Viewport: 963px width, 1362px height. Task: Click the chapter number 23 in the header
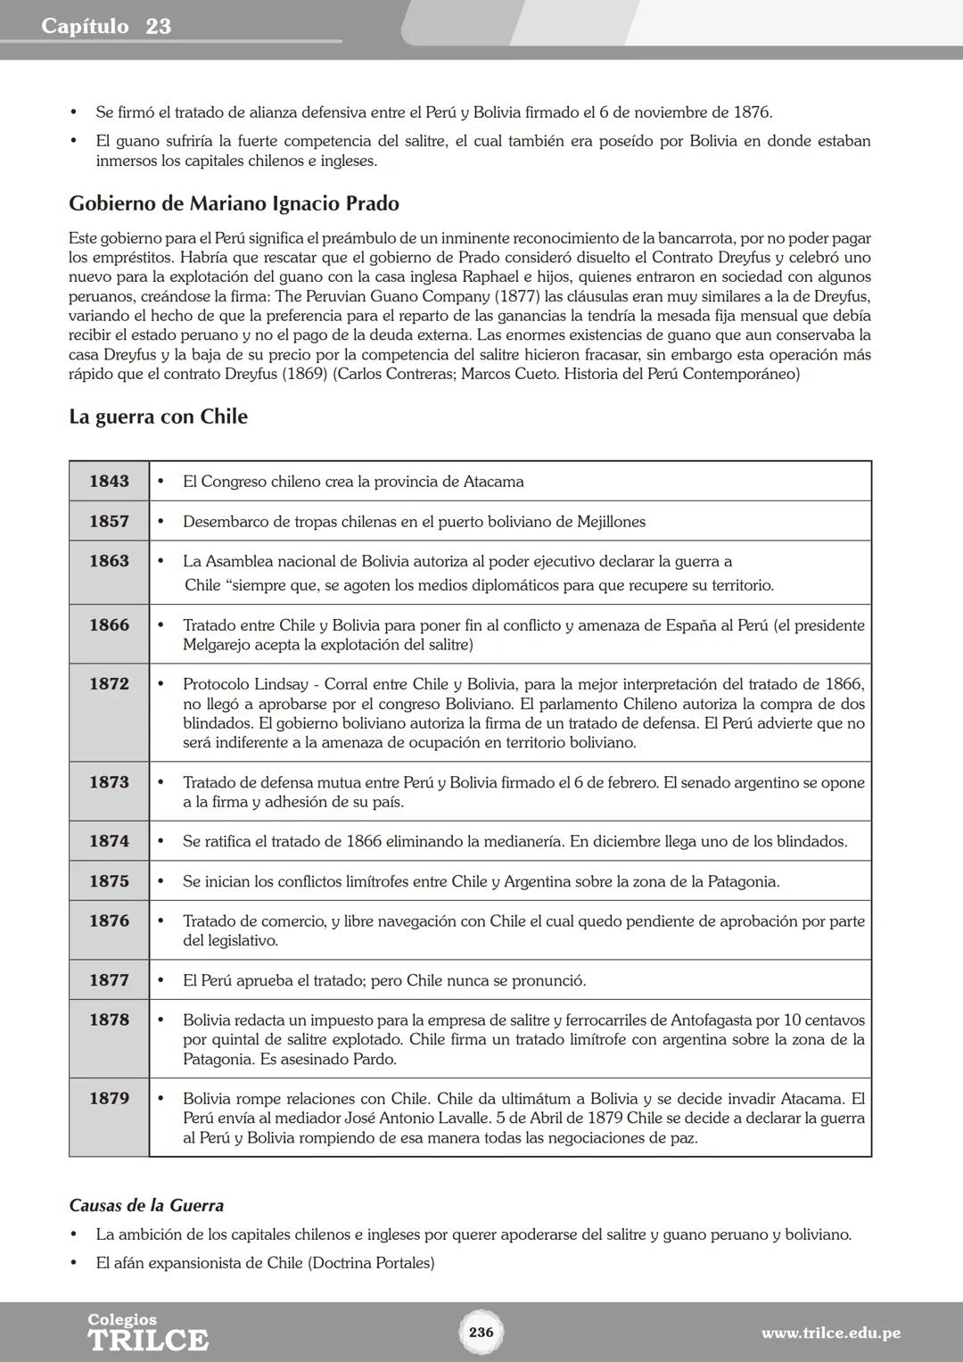pos(158,26)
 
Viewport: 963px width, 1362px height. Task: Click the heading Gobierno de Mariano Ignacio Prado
pos(234,203)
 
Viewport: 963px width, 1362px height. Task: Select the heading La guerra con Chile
pos(158,417)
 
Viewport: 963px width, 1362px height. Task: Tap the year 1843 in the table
pos(109,482)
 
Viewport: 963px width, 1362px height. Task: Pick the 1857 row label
pos(109,522)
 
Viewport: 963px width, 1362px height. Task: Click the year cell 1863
pos(109,561)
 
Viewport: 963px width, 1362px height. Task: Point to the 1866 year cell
pos(109,625)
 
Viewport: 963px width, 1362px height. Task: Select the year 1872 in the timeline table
pos(109,684)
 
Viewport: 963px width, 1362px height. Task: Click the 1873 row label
pos(109,782)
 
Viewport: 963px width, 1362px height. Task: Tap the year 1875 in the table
pos(109,881)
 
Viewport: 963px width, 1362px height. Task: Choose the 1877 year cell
pos(109,980)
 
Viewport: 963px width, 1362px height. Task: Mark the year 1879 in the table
pos(109,1099)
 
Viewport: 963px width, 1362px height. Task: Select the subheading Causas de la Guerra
pos(146,1206)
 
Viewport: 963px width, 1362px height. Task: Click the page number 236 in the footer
pos(481,1332)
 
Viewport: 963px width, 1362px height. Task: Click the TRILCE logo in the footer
pos(147,1339)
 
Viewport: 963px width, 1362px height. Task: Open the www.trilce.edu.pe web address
pos(830,1333)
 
